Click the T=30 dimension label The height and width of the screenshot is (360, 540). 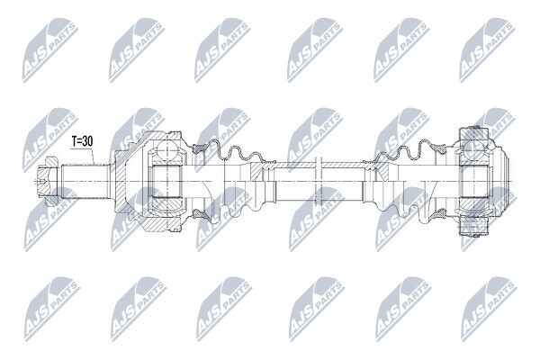(82, 141)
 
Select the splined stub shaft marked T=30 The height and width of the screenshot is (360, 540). (85, 182)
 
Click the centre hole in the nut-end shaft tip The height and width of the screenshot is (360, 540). (42, 181)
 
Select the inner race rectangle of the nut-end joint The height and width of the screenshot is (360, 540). (166, 182)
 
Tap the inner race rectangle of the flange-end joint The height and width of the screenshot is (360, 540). (474, 182)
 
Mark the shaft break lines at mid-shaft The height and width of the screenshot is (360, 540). (319, 182)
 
